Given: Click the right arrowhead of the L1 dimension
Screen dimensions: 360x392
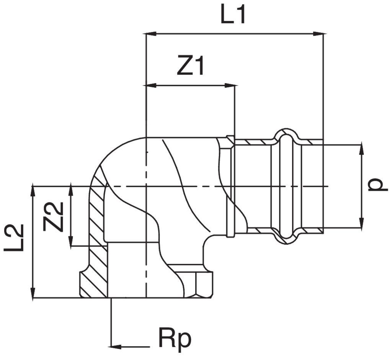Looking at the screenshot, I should click(x=319, y=34).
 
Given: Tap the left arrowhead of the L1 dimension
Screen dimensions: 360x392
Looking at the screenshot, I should click(x=151, y=34).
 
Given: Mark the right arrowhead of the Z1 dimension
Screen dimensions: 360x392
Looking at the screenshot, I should click(x=230, y=85).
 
